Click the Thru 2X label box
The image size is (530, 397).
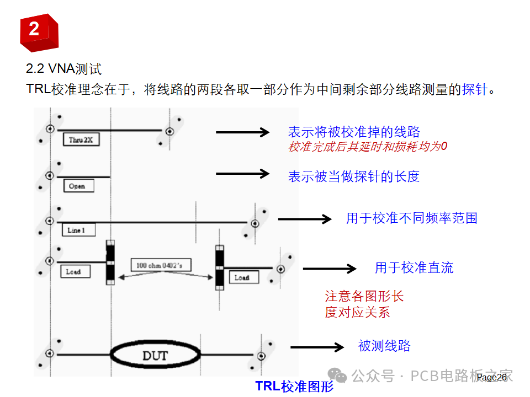[x=81, y=141]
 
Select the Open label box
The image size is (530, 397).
[x=78, y=186]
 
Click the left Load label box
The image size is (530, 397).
[x=75, y=271]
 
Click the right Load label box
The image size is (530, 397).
[x=243, y=277]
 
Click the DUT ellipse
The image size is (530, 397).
[x=155, y=355]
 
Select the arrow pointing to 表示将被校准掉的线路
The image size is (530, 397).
[x=242, y=132]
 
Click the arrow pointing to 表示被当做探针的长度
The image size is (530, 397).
[x=242, y=174]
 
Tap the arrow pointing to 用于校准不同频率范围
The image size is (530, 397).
[x=304, y=219]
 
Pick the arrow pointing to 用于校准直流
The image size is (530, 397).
[x=330, y=269]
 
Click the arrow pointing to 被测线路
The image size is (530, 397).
[x=317, y=347]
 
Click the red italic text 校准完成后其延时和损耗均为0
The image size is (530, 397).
[x=367, y=147]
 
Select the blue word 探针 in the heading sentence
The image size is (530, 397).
[x=475, y=90]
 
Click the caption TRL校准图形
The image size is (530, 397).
[x=294, y=386]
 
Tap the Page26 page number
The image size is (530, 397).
[x=492, y=377]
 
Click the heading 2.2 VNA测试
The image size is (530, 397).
[x=64, y=69]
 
